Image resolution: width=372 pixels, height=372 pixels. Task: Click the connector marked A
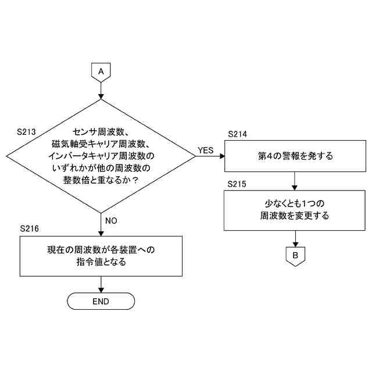click(x=101, y=71)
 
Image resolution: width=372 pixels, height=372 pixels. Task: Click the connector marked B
click(x=295, y=255)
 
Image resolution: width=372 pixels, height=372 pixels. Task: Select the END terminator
click(x=101, y=301)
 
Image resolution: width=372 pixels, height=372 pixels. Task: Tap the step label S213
click(x=27, y=132)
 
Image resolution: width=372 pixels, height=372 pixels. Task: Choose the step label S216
click(x=30, y=228)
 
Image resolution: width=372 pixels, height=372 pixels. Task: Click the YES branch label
click(x=206, y=150)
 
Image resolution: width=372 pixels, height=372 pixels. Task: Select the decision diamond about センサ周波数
click(x=101, y=156)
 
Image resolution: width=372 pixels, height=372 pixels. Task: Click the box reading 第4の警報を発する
click(x=295, y=156)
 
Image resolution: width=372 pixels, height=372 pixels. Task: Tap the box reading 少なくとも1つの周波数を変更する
click(x=295, y=210)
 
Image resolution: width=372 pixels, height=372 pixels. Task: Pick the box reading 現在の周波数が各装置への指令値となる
click(x=101, y=256)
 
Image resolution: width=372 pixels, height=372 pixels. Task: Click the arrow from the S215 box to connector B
click(x=295, y=238)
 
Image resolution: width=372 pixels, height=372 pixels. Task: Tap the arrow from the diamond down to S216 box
click(x=101, y=224)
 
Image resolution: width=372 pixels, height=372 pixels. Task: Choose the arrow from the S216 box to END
click(x=101, y=284)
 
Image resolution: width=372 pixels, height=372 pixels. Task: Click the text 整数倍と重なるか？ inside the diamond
click(x=101, y=180)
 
